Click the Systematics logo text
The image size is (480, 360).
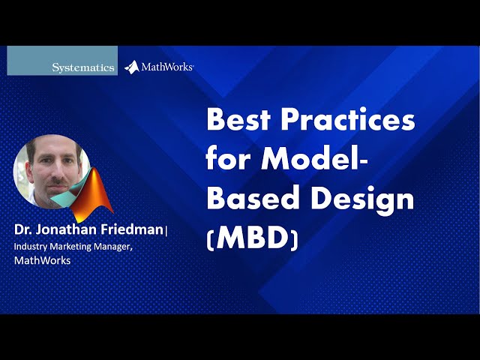tap(83, 67)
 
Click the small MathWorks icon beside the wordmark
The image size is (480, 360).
tap(131, 67)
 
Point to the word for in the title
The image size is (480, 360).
tap(230, 158)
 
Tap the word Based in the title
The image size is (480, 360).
tap(250, 198)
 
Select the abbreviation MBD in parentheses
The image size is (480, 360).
tap(252, 238)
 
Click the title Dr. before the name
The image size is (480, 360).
tap(24, 229)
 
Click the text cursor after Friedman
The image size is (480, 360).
tap(166, 230)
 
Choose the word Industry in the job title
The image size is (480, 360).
tap(31, 246)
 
